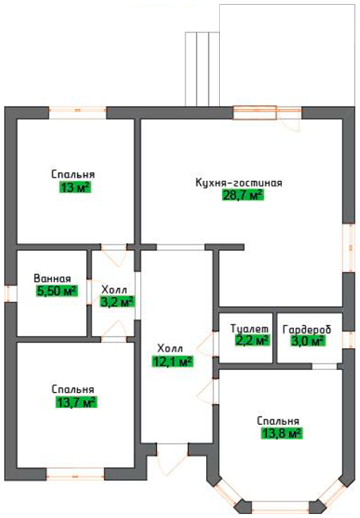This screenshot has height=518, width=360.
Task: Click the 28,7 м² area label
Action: tap(244, 195)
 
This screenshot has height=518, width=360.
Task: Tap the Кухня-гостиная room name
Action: tap(239, 182)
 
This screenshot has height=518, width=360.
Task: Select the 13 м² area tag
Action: tap(75, 187)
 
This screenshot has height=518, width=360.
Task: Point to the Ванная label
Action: tap(53, 278)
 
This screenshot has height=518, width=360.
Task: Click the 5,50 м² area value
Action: tap(57, 291)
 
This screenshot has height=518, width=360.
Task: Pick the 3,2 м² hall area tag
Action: tap(117, 301)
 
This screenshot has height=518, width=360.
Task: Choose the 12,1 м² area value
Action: tap(172, 361)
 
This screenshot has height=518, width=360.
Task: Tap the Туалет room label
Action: tap(249, 329)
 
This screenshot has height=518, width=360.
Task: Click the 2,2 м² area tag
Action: tap(252, 340)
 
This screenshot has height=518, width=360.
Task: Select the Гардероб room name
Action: tap(307, 330)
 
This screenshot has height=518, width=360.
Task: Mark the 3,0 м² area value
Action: tap(307, 340)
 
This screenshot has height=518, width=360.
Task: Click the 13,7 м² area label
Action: tap(76, 402)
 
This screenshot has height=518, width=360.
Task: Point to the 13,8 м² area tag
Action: tap(282, 433)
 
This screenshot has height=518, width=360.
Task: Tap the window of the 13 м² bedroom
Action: tap(77, 112)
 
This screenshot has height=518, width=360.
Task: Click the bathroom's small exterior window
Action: tap(10, 293)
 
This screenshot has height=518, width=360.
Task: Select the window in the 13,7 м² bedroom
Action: tap(76, 473)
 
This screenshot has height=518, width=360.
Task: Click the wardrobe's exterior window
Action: tap(348, 339)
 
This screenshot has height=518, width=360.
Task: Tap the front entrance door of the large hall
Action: tap(172, 459)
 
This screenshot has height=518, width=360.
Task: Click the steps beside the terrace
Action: tap(202, 69)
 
